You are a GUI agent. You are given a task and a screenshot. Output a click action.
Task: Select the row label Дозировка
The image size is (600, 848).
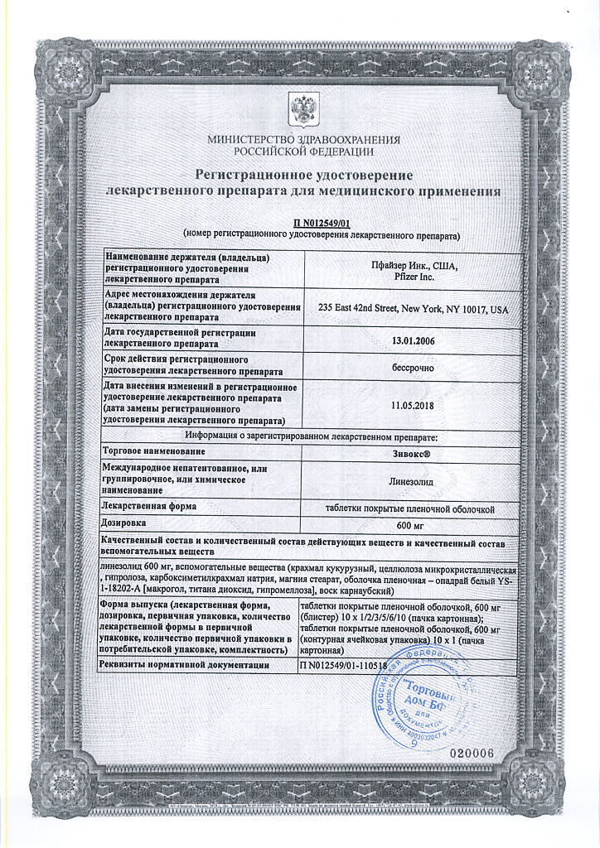point(124,523)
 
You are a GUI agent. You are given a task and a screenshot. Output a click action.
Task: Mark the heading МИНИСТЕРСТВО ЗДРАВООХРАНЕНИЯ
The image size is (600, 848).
point(303,140)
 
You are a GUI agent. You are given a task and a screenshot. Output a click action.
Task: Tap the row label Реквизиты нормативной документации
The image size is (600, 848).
point(185,664)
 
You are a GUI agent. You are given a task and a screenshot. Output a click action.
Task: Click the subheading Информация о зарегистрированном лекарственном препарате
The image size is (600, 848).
point(311,436)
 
